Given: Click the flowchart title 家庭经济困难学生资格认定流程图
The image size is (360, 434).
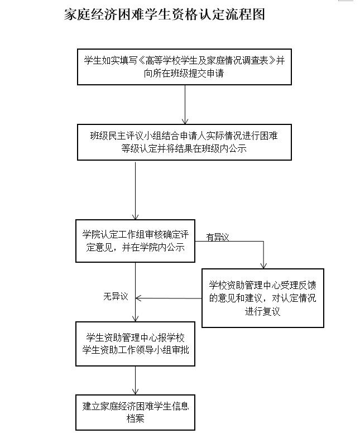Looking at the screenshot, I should coord(164,14).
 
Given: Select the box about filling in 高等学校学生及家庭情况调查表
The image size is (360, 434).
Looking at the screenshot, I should coord(184,67).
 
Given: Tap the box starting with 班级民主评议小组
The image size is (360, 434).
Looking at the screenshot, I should coord(184,142).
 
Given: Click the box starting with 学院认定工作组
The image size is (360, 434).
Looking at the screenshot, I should coord(135,240).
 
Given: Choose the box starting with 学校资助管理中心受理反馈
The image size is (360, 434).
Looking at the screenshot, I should coord(262,298).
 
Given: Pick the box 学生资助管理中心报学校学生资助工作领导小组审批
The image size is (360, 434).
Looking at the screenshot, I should coord(135,344).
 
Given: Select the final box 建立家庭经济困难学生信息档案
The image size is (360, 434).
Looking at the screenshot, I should coord(135,412).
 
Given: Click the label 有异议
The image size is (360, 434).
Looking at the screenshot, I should coord(218,237).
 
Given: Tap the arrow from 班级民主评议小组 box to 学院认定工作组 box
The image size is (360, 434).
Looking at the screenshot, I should coord(135,190).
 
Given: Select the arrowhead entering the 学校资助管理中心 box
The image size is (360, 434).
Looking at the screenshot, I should coord(264,264).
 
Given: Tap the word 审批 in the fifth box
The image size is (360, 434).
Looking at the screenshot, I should coord(179,350).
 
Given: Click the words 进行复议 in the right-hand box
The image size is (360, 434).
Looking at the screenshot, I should coord(262,311).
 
